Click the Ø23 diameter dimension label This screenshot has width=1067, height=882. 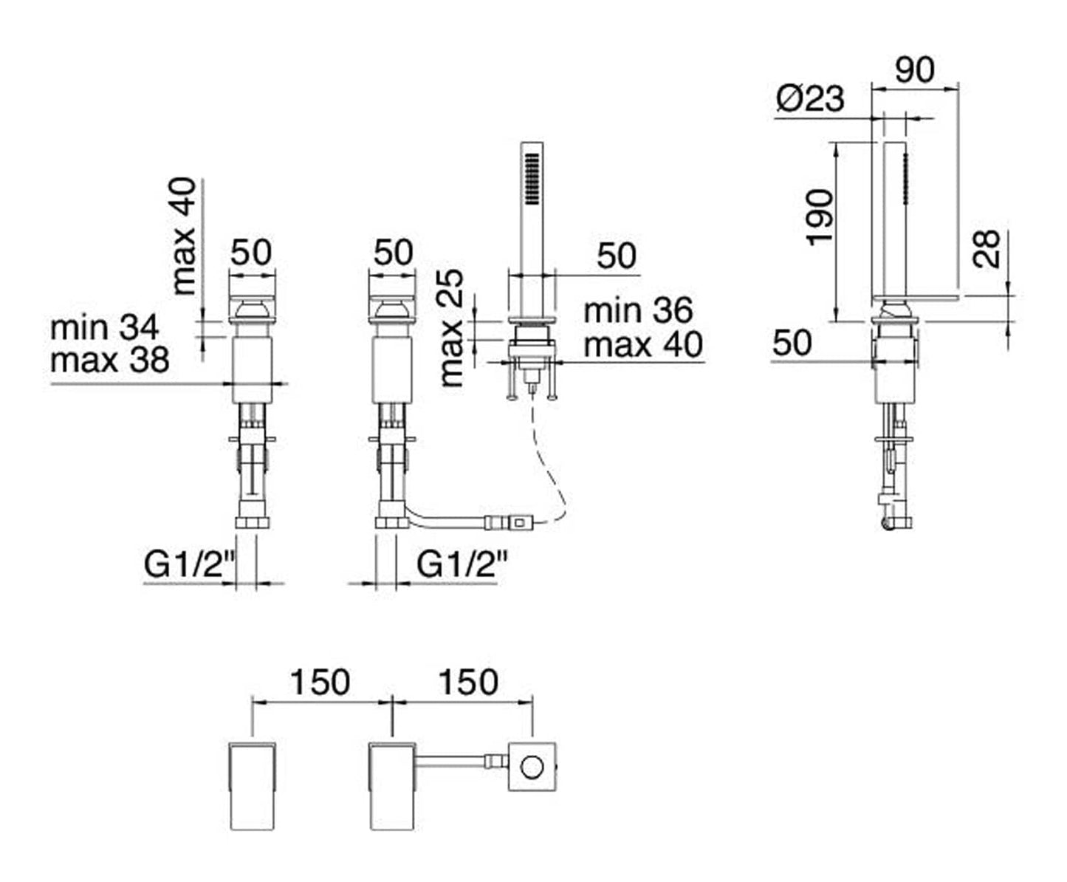click(810, 98)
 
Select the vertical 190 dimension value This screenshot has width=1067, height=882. click(820, 217)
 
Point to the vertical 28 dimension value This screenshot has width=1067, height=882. click(986, 249)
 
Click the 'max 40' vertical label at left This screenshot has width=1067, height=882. click(183, 236)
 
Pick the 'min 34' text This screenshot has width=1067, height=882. click(104, 327)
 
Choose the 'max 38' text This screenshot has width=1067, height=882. click(110, 360)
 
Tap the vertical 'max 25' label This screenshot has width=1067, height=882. click(451, 328)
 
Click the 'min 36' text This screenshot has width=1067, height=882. click(638, 310)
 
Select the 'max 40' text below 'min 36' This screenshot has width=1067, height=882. click(643, 344)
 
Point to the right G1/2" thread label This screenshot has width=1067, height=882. click(462, 564)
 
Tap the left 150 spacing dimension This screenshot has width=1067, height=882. click(320, 682)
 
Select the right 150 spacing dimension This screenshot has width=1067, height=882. click(469, 682)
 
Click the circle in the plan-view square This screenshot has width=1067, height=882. click(532, 768)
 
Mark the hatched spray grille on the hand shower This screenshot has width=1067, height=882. click(532, 179)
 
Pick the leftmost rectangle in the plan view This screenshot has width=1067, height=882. click(253, 787)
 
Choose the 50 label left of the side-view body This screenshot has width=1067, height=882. click(792, 342)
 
